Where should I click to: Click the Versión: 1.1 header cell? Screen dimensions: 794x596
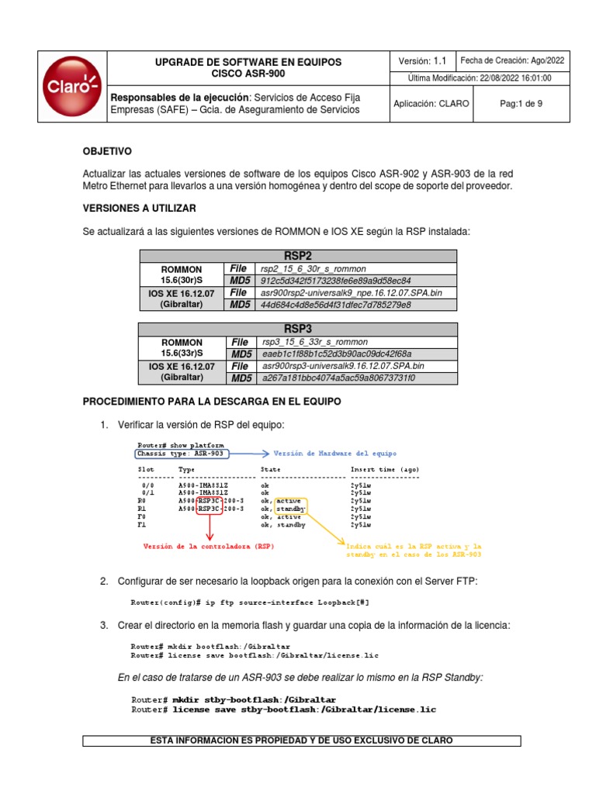422,60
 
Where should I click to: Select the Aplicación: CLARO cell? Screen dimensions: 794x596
431,104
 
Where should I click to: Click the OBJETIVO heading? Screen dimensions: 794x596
107,151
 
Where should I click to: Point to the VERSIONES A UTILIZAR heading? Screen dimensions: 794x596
139,209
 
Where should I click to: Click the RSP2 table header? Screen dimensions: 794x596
297,256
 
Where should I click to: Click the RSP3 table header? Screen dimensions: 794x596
297,329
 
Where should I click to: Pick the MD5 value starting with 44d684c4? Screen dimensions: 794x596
336,305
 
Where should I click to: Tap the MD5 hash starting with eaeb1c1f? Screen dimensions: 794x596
336,354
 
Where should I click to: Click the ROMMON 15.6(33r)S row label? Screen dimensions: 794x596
182,347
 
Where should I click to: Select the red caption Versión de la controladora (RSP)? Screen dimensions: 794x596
208,547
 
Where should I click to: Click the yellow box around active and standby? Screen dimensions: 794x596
291,506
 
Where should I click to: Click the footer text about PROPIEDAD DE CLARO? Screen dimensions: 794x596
302,740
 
